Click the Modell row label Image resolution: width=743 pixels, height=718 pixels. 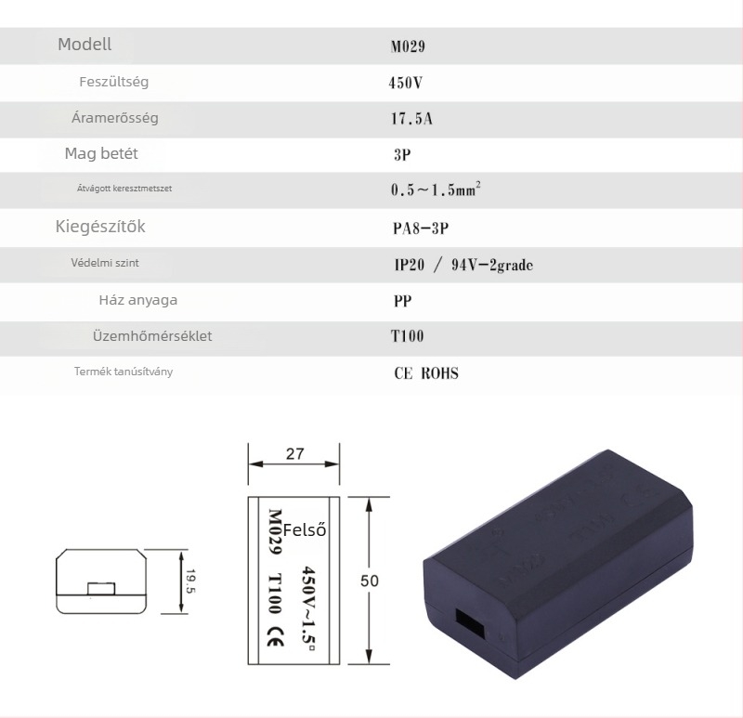(85, 45)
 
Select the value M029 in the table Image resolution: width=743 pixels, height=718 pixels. (408, 46)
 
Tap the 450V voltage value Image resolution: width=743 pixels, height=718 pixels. (405, 83)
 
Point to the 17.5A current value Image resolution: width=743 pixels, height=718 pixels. (411, 119)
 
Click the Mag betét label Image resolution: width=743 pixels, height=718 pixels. (101, 153)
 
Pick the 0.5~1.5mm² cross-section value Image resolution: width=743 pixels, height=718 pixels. (436, 189)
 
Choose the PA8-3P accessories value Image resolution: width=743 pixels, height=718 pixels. (421, 228)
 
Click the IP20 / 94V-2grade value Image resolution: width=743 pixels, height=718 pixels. (463, 265)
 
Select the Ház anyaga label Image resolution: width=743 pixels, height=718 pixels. (138, 300)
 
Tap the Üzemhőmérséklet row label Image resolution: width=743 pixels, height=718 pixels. (152, 336)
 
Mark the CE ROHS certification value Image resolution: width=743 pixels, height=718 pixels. (426, 373)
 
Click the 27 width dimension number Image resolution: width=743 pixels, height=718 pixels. (294, 453)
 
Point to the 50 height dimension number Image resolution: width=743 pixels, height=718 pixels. (370, 581)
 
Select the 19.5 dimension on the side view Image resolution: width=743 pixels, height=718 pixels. (190, 581)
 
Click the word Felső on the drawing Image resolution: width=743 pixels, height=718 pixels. (305, 529)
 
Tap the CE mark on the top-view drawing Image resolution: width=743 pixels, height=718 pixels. (275, 636)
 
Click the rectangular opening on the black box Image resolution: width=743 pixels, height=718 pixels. (470, 623)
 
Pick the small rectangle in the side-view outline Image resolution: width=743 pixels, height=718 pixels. (101, 589)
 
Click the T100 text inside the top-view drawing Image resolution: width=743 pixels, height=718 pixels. (275, 594)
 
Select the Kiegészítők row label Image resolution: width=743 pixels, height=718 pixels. (100, 227)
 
